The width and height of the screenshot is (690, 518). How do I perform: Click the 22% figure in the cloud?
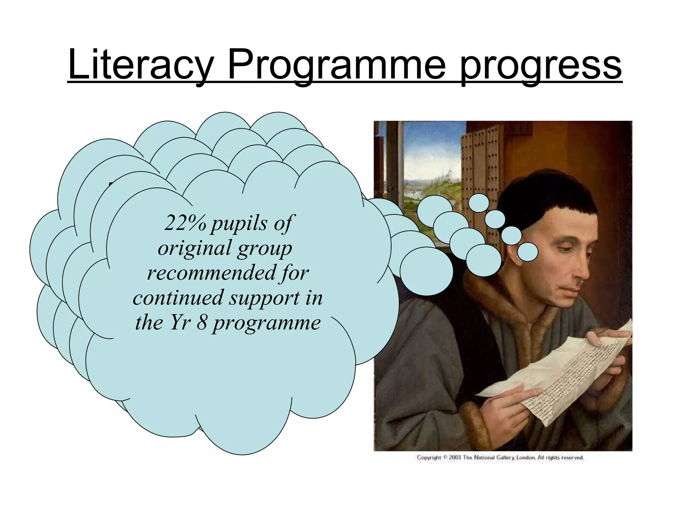[x=185, y=223]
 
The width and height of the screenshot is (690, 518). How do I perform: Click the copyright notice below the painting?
[x=500, y=458]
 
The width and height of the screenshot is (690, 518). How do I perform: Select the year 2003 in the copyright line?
[x=454, y=458]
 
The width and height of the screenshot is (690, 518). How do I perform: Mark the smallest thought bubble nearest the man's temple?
[x=527, y=252]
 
